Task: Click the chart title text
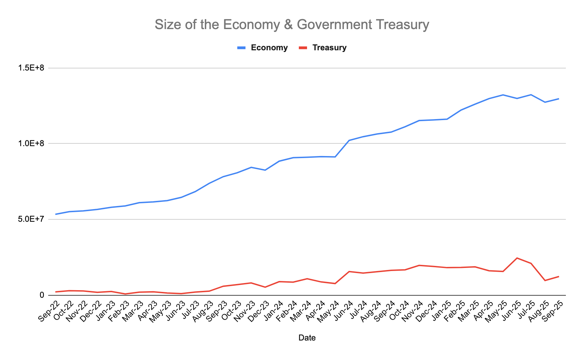292,25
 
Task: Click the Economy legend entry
269,48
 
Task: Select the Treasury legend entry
329,48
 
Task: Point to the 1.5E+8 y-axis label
32,68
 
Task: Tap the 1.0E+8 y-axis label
32,144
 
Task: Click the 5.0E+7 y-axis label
32,219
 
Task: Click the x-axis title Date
307,338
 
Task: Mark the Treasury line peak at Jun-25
517,258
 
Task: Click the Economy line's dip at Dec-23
265,170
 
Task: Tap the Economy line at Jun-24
349,140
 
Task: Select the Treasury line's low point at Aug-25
545,281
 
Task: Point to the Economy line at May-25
503,95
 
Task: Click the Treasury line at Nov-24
419,265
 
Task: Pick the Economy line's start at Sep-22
56,214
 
